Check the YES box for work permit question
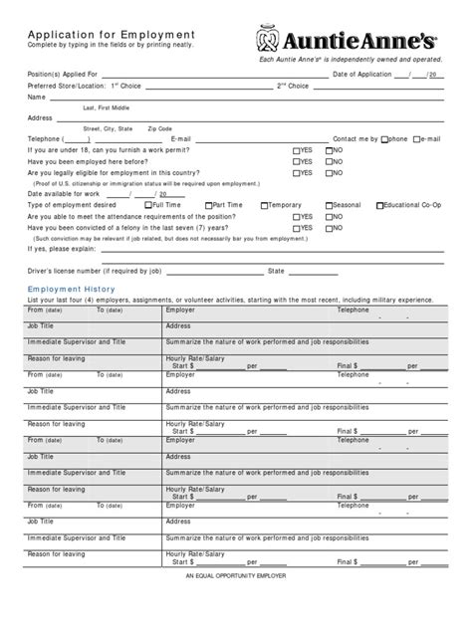[296, 150]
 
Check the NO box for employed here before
[328, 161]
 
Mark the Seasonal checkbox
[327, 205]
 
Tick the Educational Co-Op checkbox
[379, 205]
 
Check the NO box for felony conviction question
[328, 227]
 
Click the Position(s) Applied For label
[63, 75]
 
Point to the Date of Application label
[363, 75]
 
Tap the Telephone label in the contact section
[45, 139]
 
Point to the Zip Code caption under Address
[160, 128]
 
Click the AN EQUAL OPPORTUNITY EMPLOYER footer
[235, 576]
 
